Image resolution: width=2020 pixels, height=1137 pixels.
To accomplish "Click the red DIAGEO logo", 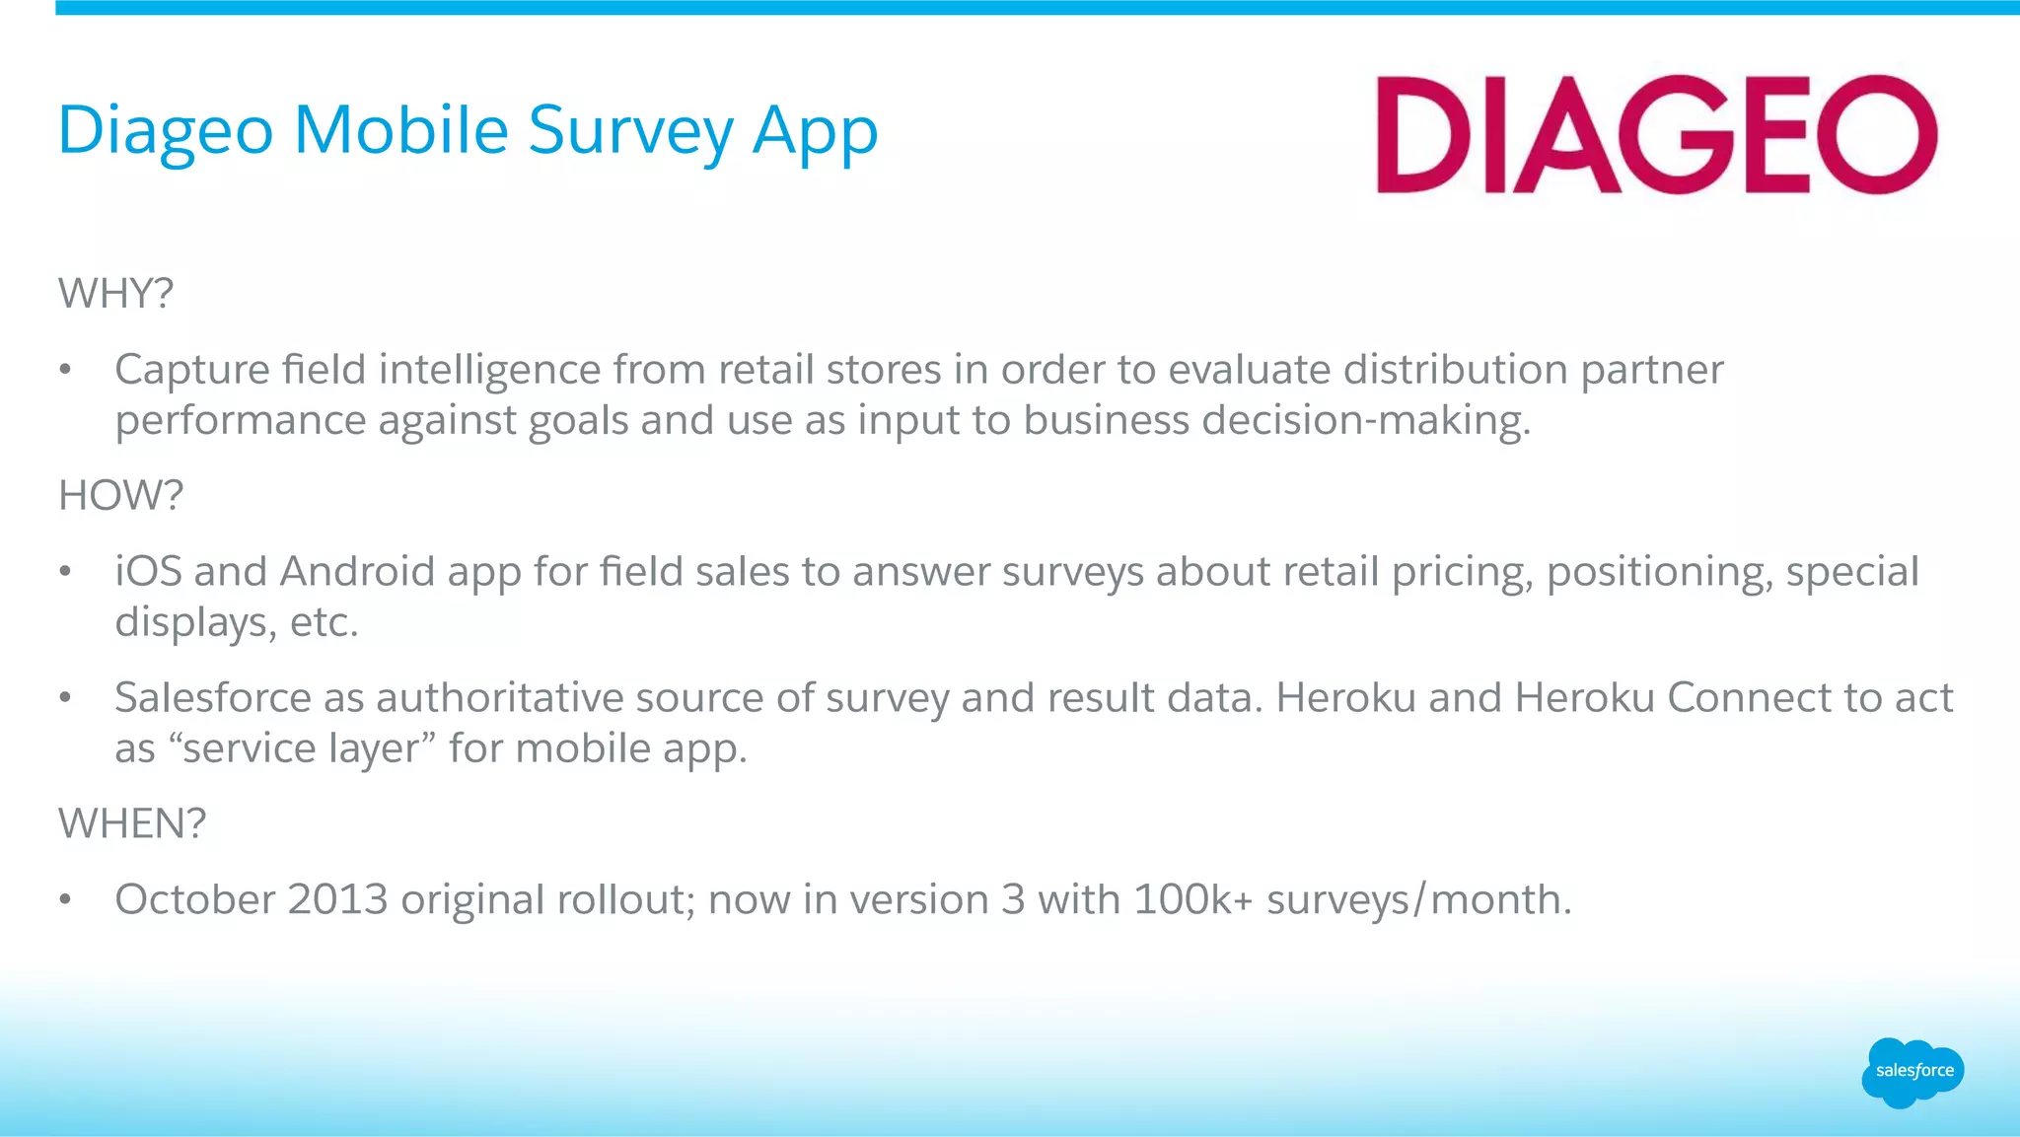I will pos(1657,134).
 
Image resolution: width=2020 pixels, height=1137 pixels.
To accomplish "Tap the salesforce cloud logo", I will pos(1912,1072).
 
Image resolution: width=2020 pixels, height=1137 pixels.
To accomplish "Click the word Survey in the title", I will pos(630,131).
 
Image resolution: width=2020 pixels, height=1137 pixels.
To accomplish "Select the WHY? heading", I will pos(115,294).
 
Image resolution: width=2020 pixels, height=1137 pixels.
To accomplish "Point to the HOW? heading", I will pos(120,495).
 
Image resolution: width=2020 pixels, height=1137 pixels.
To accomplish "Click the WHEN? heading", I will pos(132,823).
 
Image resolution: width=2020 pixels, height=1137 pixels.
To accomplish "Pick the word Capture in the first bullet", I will pos(192,371).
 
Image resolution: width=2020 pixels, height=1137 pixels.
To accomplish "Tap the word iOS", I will pos(148,572).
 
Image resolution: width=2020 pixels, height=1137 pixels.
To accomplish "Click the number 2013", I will pos(337,899).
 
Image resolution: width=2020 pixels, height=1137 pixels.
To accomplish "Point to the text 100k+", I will pos(1192,899).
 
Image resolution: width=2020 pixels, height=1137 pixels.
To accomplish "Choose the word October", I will pos(195,899).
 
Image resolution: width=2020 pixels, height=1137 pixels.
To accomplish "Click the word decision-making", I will pos(1366,421).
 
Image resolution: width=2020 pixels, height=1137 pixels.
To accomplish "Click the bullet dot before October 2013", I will pos(65,899).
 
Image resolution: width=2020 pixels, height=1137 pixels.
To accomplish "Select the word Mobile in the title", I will pos(400,131).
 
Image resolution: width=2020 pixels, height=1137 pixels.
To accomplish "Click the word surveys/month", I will pos(1418,899).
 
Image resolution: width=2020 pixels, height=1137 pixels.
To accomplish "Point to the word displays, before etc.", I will pos(195,623).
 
